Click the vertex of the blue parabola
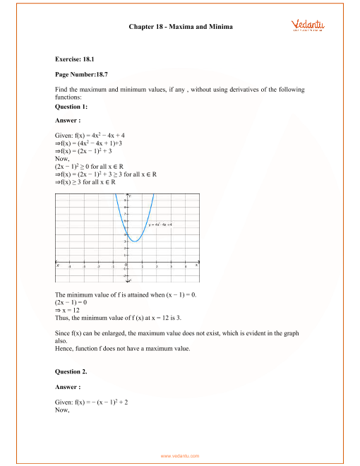pyautogui.click(x=136, y=241)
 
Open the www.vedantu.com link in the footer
pyautogui.click(x=180, y=456)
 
